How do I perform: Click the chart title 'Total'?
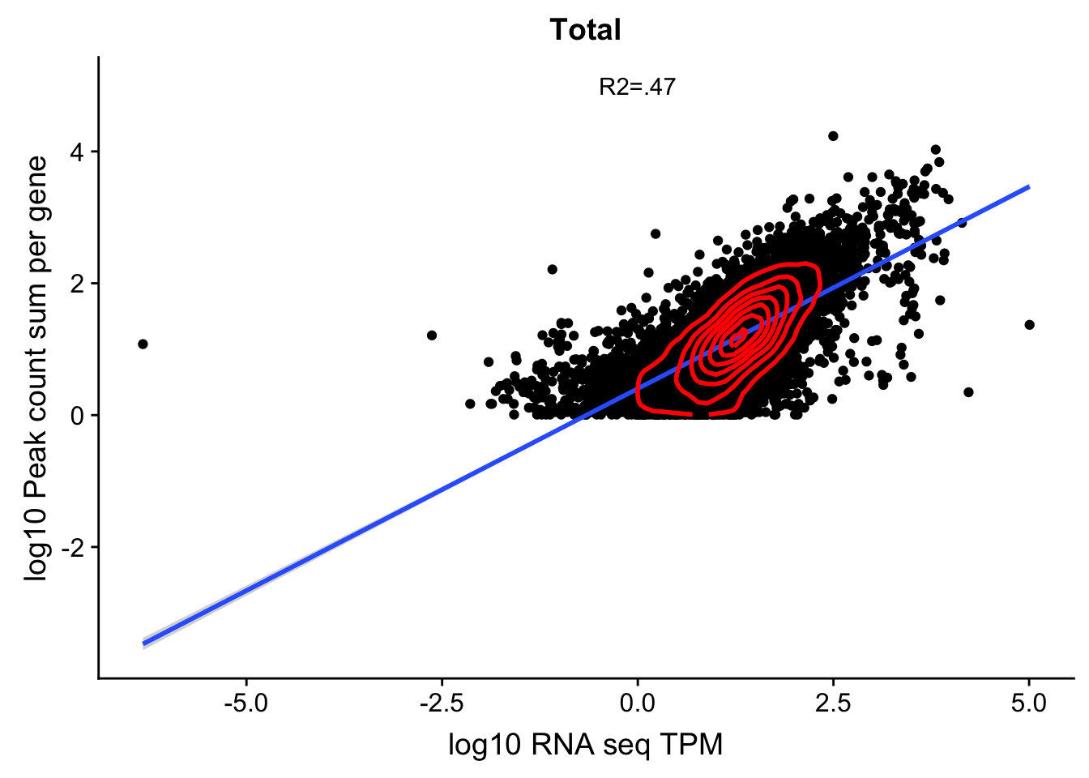point(585,30)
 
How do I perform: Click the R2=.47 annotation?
point(637,87)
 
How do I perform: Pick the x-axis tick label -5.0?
point(246,702)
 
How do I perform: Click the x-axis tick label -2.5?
point(441,702)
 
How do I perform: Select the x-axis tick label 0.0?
point(638,702)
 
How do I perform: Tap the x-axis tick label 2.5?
point(833,702)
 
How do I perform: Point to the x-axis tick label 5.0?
point(1029,702)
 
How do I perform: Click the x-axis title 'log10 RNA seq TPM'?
point(585,744)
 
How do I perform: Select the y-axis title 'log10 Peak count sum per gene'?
point(36,367)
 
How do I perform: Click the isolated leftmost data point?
point(143,344)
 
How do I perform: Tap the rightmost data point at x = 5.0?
point(1029,324)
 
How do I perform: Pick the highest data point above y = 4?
point(833,135)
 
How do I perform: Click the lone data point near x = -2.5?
point(432,335)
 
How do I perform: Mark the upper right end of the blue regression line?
point(1029,186)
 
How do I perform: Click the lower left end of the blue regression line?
point(143,643)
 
